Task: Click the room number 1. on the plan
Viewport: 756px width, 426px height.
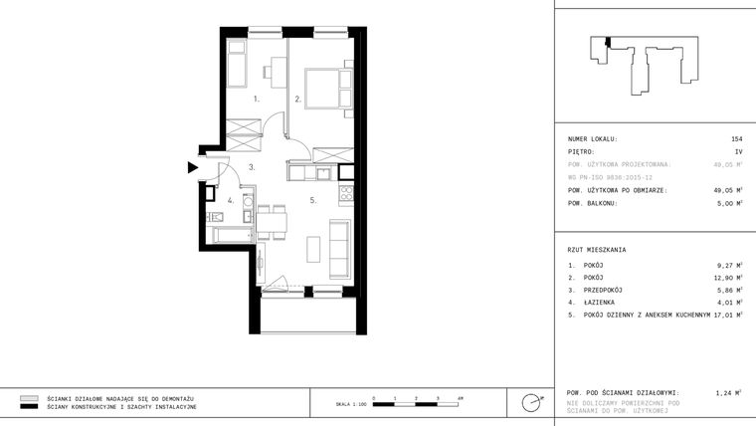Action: coord(257,100)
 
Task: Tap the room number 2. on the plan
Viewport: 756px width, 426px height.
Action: coord(297,100)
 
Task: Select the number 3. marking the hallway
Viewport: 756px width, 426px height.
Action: coord(253,167)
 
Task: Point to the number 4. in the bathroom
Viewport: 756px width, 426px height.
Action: coord(230,200)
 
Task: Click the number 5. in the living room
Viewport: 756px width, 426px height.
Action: coord(312,200)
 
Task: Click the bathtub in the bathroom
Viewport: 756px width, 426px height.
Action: coord(234,236)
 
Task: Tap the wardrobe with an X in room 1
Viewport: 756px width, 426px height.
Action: coord(243,130)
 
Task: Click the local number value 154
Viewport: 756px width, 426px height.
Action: coord(736,139)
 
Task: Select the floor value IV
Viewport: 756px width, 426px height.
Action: coord(738,152)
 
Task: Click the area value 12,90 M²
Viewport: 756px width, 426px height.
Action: coord(728,278)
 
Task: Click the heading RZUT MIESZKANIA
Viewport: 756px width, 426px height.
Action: coord(597,250)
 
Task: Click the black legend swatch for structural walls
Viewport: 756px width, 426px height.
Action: coord(29,407)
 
